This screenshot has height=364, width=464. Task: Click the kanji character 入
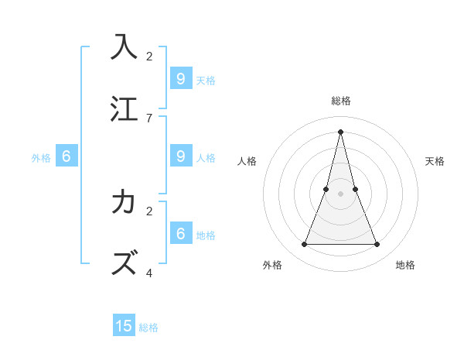click(124, 46)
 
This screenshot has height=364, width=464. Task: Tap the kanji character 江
click(124, 108)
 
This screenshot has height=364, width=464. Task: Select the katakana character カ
click(124, 201)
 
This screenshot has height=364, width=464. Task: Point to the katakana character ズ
click(124, 263)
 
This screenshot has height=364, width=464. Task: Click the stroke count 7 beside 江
click(149, 118)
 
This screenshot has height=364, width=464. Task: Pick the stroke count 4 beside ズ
click(149, 273)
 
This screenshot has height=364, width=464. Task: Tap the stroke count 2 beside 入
click(149, 56)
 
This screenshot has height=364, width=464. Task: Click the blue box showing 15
click(124, 326)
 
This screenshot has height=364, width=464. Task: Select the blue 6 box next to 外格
click(67, 156)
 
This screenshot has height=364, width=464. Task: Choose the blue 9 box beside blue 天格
click(180, 78)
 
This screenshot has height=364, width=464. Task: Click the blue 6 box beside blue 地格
click(180, 233)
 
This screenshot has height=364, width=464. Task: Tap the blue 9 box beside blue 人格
click(180, 156)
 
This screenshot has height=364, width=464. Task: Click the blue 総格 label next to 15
click(148, 328)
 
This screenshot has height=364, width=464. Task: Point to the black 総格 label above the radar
click(341, 101)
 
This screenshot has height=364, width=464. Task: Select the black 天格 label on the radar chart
click(435, 161)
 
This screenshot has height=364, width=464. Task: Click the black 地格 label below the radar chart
click(405, 265)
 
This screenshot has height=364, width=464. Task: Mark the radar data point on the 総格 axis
click(340, 131)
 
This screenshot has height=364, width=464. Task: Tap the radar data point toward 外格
click(304, 245)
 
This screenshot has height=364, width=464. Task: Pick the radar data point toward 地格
click(377, 245)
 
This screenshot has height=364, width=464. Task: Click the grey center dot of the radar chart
click(340, 194)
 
